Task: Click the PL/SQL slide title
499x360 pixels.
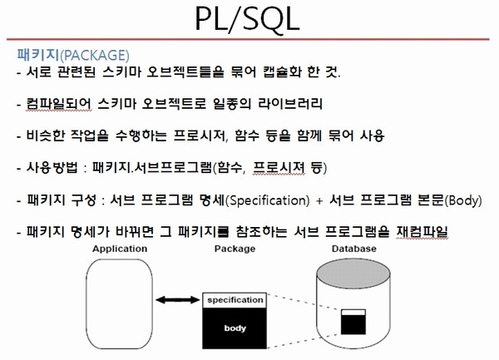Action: (x=247, y=19)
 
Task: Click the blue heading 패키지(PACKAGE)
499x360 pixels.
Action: (x=73, y=55)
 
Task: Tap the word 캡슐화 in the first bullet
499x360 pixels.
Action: (x=283, y=72)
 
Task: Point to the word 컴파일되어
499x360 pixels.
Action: (x=59, y=104)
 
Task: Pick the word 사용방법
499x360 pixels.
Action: (x=52, y=167)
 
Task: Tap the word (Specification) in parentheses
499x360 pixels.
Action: (x=267, y=200)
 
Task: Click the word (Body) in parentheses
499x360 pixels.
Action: (x=463, y=200)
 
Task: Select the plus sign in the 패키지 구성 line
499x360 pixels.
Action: (x=319, y=201)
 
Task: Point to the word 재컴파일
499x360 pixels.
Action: (x=422, y=232)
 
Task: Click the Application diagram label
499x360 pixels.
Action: (x=120, y=249)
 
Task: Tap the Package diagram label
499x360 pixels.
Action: (x=235, y=249)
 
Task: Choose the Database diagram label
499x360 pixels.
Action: (x=354, y=249)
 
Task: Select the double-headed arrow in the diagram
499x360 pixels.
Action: (x=178, y=299)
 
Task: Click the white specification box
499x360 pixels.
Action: (x=235, y=300)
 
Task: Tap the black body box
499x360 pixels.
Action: (x=235, y=328)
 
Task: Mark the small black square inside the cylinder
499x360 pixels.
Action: (x=353, y=324)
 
